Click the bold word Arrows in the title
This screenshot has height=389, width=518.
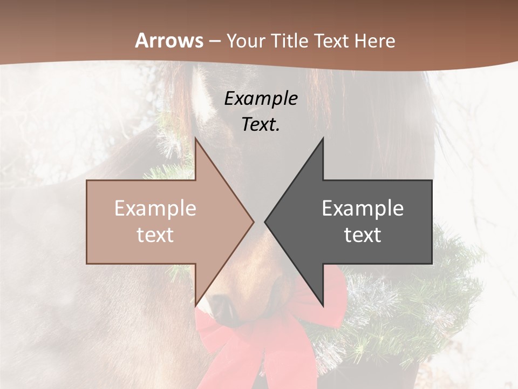[169, 41]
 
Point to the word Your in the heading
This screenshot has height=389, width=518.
[246, 41]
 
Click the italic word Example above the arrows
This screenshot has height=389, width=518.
[261, 98]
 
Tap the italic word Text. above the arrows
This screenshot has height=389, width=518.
[261, 124]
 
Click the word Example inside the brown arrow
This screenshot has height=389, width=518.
[155, 209]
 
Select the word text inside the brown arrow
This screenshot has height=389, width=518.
[155, 235]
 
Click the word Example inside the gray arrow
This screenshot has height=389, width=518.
[363, 209]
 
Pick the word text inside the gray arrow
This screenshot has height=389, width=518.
[363, 235]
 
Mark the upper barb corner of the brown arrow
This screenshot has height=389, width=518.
[195, 138]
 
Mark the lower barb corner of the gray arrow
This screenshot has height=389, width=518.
[323, 306]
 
